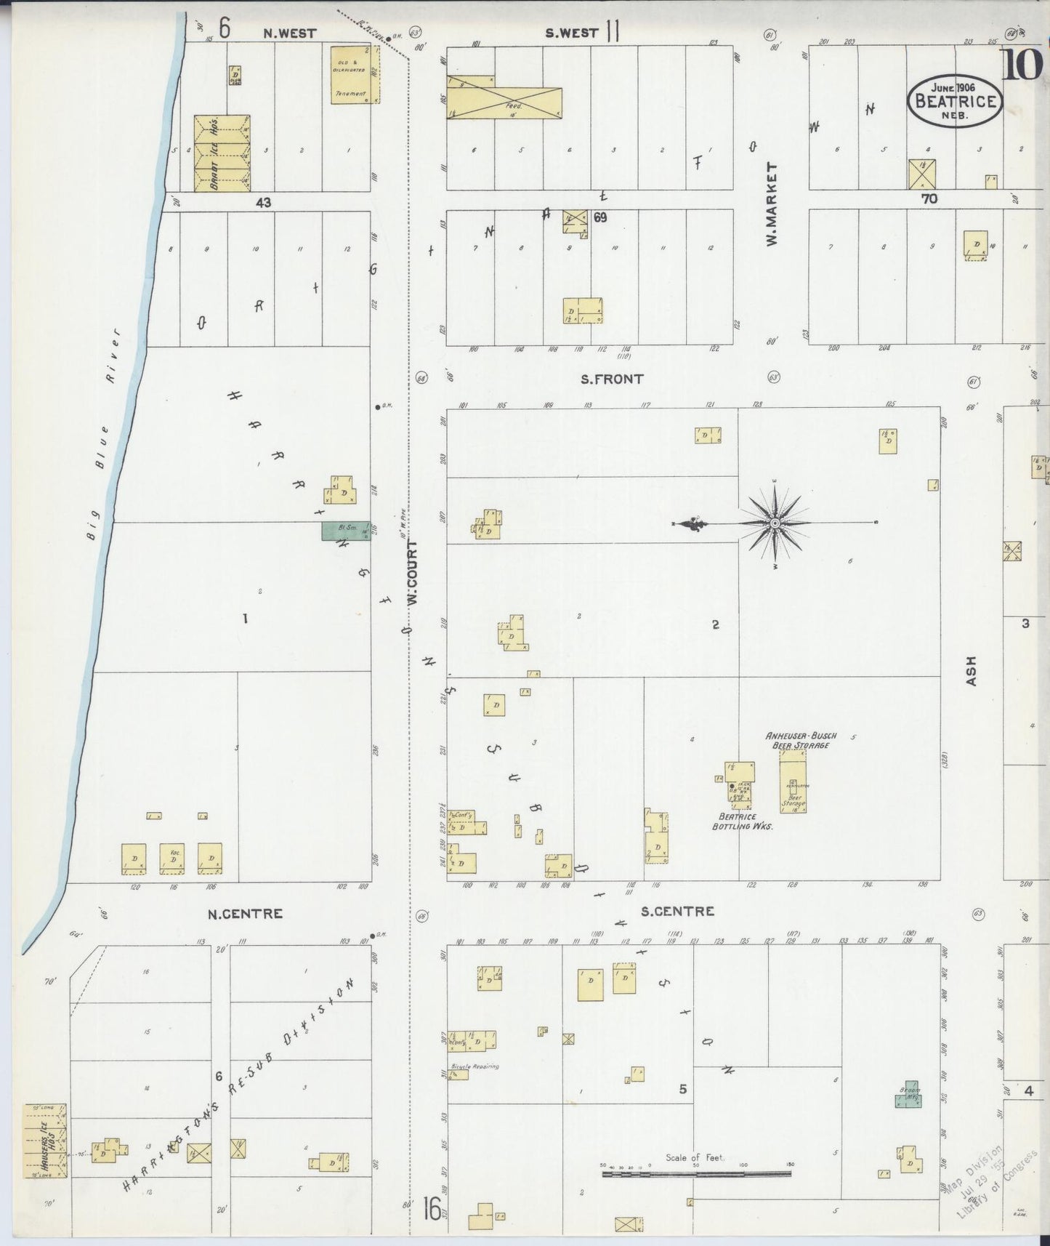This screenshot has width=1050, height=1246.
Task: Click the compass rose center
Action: click(x=775, y=523)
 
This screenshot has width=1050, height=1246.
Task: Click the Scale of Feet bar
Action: click(x=696, y=1173)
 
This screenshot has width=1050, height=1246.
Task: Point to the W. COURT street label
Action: click(x=412, y=574)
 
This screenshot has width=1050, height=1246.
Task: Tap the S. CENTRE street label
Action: click(x=677, y=911)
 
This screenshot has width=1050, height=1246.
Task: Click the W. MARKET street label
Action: click(x=772, y=203)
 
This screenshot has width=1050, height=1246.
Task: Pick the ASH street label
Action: click(x=972, y=671)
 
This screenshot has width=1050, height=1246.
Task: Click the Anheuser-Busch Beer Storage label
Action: click(x=801, y=740)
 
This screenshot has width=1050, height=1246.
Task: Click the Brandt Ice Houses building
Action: click(x=222, y=153)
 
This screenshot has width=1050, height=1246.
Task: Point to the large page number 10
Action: click(x=1024, y=65)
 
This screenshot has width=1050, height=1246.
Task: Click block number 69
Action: click(x=599, y=217)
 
